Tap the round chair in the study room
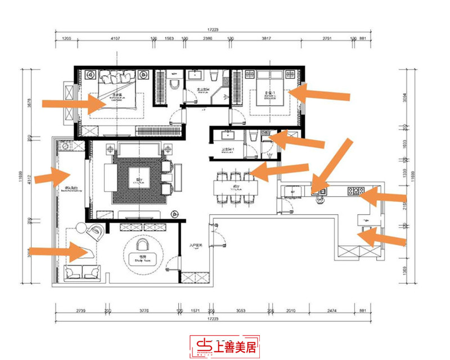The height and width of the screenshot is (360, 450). (142, 245)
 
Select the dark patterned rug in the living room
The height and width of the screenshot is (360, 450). (135, 179)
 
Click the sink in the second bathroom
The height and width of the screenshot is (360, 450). (228, 136)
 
